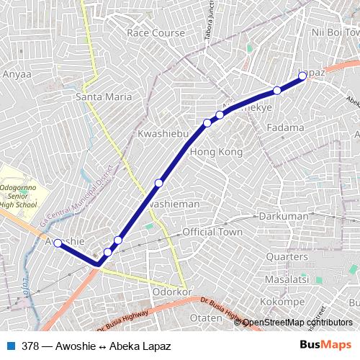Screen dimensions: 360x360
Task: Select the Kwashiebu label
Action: tap(163, 135)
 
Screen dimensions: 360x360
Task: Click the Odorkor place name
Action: tap(171, 292)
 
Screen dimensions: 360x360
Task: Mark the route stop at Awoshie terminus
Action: tap(58, 243)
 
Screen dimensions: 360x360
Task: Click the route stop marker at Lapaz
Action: tap(302, 75)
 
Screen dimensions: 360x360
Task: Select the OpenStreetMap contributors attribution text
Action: tap(297, 323)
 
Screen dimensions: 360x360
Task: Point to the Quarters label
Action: tap(287, 256)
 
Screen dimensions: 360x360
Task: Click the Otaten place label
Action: tap(204, 318)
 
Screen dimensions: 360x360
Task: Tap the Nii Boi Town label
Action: tap(336, 32)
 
